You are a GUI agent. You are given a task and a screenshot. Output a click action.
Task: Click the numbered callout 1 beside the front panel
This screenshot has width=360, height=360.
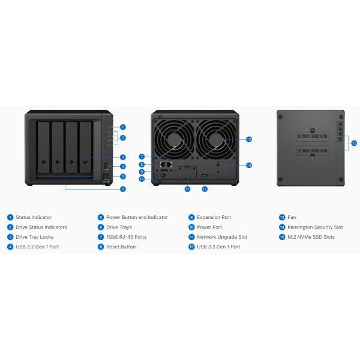(123, 127)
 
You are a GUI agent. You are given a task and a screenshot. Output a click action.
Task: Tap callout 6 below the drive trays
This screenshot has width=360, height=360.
(123, 189)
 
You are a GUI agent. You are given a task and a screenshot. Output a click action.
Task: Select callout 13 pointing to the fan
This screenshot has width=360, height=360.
(249, 139)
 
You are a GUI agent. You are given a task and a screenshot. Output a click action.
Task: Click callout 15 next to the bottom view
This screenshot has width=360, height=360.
(354, 143)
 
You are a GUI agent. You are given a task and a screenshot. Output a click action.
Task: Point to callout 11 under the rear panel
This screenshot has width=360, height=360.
(187, 189)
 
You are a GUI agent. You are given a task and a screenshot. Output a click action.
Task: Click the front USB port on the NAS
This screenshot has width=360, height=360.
(106, 166)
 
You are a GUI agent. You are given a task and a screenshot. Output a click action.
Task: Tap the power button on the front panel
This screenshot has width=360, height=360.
(106, 176)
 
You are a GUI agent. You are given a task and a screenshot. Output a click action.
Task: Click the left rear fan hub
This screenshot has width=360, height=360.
(174, 139)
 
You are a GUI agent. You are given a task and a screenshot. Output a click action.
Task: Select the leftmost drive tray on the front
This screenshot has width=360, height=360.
(43, 147)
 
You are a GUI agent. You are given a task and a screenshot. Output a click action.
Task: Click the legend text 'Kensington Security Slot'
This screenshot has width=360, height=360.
(315, 227)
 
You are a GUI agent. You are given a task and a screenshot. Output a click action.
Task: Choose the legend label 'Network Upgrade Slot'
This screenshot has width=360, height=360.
(222, 237)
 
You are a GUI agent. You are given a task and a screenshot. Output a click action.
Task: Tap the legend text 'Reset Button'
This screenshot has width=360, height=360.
(121, 247)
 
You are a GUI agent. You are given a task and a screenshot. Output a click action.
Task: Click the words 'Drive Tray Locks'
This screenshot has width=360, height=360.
(34, 237)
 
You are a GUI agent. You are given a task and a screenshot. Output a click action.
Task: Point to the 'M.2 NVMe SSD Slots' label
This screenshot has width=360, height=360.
(311, 237)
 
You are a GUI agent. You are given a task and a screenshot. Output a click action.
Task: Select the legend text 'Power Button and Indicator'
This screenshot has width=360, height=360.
(137, 217)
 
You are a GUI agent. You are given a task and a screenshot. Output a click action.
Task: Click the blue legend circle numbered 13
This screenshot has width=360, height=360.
(282, 217)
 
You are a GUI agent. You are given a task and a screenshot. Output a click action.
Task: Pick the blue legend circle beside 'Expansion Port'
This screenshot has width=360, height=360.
(191, 217)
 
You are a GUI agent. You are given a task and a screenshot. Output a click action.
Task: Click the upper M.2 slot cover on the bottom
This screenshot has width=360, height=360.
(313, 136)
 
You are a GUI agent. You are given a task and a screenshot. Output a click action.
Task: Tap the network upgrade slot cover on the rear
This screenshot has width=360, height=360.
(187, 172)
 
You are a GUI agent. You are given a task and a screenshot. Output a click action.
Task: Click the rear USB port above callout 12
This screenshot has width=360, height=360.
(205, 176)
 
